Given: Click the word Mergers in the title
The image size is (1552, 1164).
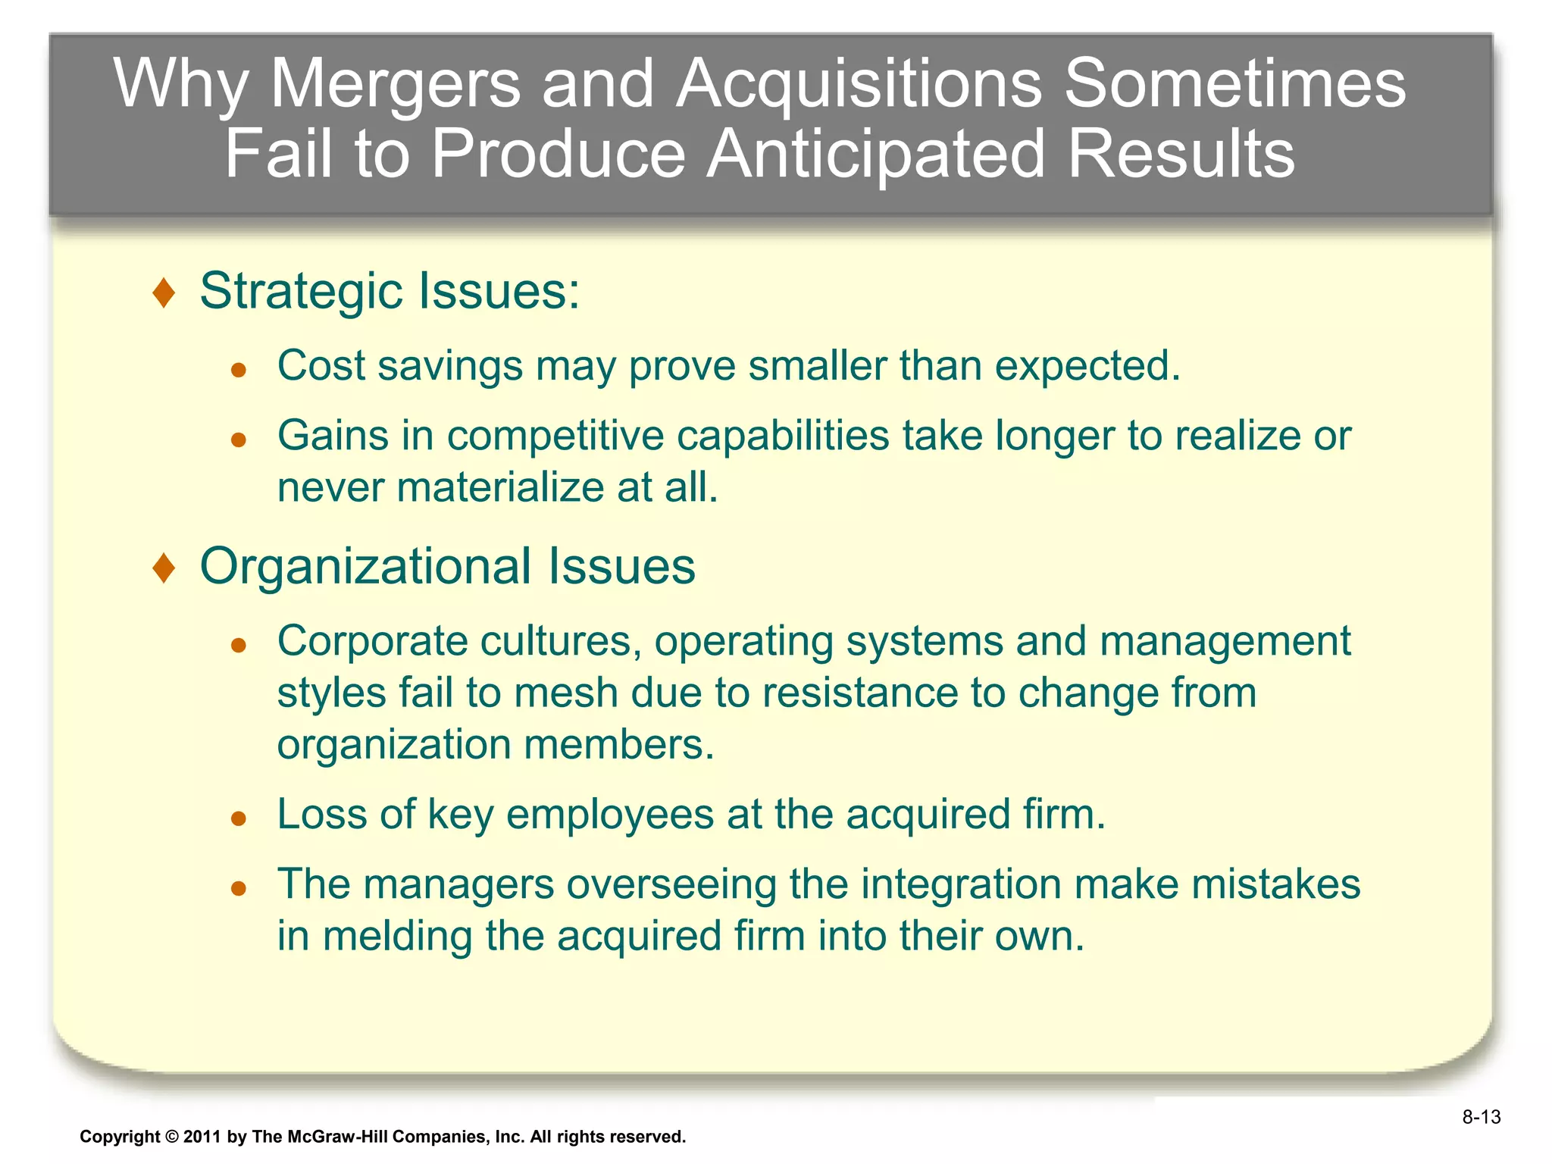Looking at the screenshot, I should click(x=396, y=85).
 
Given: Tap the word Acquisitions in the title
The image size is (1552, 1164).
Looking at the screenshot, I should click(x=859, y=85).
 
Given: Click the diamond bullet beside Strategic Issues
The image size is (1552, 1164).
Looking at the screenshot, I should click(x=164, y=293).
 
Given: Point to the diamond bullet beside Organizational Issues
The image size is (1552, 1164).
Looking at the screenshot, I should click(x=164, y=568).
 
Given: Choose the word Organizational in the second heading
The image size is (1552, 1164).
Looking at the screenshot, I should click(x=365, y=567).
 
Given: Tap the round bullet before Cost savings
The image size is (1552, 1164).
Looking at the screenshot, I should click(x=239, y=370).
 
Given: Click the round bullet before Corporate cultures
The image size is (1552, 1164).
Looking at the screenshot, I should click(x=239, y=645).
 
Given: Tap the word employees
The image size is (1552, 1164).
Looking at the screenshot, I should click(x=610, y=815).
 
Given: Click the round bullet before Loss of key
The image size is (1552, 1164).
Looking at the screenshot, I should click(x=239, y=818).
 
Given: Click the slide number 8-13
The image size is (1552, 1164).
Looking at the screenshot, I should click(x=1482, y=1117).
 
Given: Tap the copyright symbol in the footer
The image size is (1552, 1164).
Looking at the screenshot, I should click(x=172, y=1137).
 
